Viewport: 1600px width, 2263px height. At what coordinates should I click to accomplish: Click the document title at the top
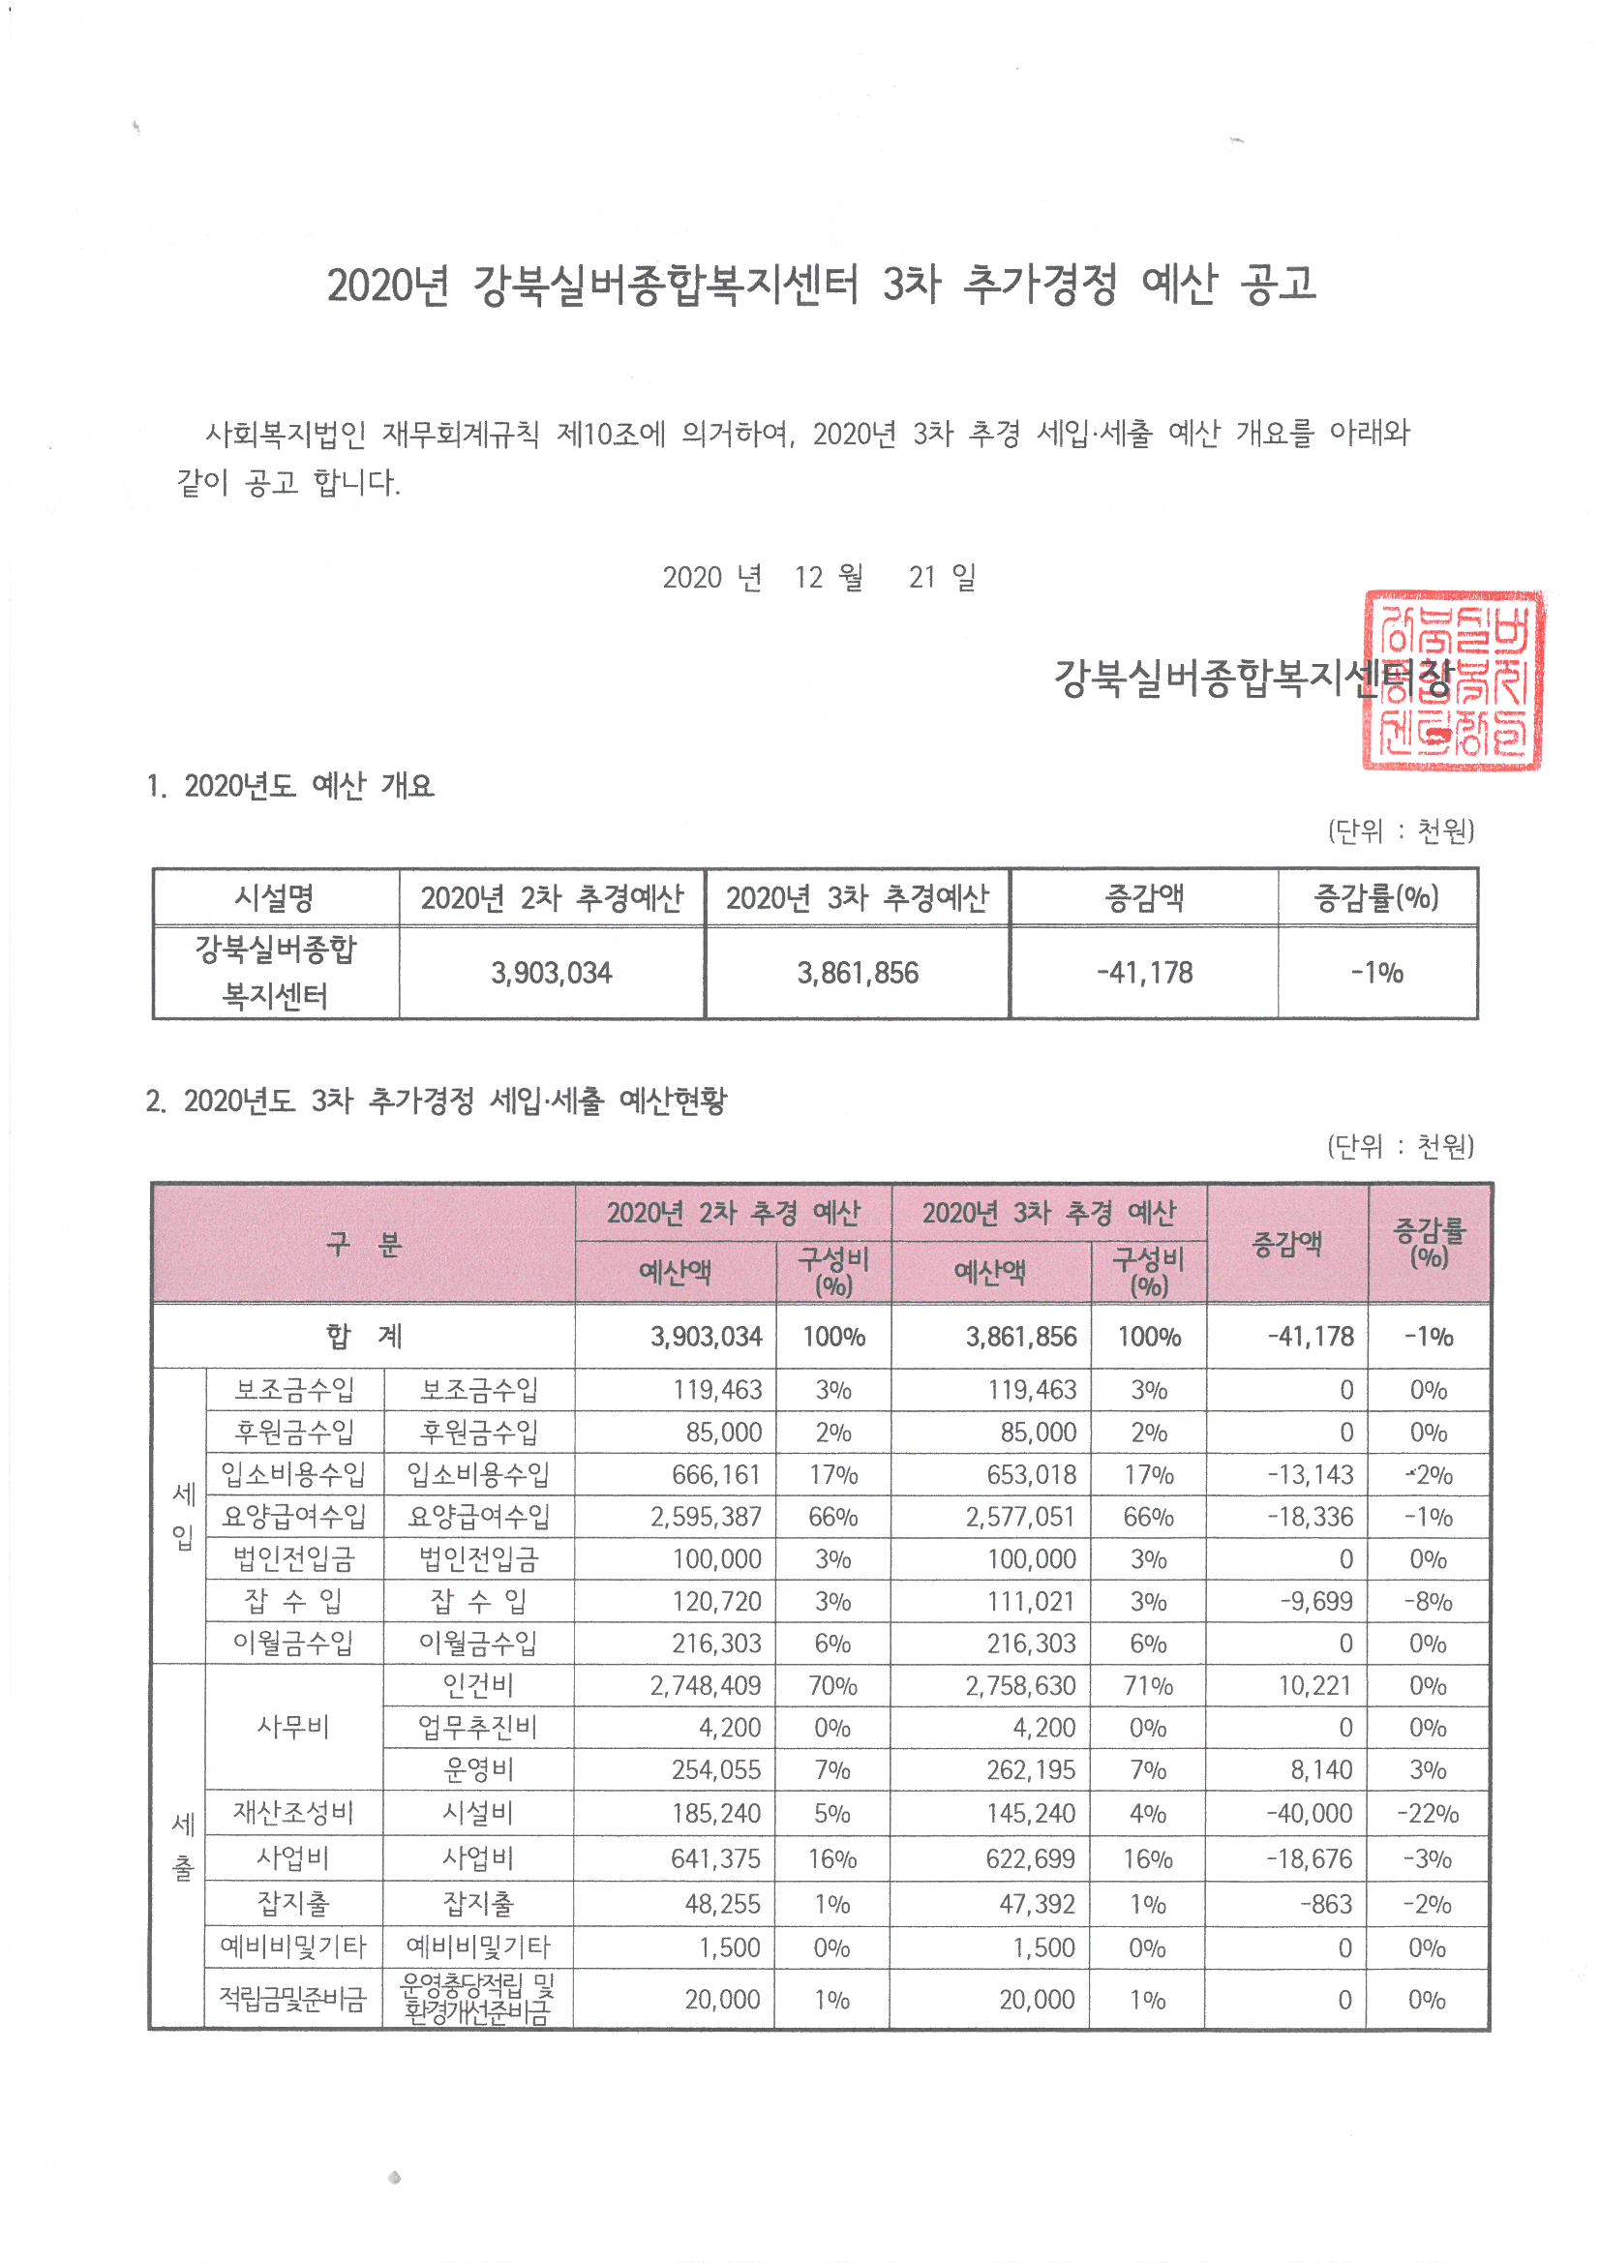820,285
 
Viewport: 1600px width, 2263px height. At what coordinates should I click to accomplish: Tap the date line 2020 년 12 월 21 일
818,577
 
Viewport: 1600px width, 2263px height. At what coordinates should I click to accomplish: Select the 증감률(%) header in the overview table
1376,898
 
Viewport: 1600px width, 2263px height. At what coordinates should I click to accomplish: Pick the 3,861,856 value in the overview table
857,974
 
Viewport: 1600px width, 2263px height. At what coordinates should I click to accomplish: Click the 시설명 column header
275,898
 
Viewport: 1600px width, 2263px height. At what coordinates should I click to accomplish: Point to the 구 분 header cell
364,1244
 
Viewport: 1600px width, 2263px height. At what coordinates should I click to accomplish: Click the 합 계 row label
364,1337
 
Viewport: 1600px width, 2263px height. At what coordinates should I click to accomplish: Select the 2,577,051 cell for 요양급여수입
1019,1517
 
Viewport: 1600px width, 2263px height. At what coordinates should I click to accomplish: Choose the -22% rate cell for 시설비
1427,1814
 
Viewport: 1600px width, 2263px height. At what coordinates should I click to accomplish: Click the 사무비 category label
292,1727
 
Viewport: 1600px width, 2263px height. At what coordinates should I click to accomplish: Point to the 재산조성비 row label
292,1813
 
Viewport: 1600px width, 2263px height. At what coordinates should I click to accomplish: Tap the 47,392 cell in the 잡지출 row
1036,1904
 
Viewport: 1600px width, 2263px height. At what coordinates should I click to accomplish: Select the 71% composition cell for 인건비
1148,1686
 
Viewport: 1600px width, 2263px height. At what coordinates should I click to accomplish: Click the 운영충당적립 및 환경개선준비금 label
478,1999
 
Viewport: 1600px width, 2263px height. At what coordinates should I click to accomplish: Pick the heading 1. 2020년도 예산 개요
289,787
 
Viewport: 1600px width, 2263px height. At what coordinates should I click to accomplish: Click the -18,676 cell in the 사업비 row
1310,1858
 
